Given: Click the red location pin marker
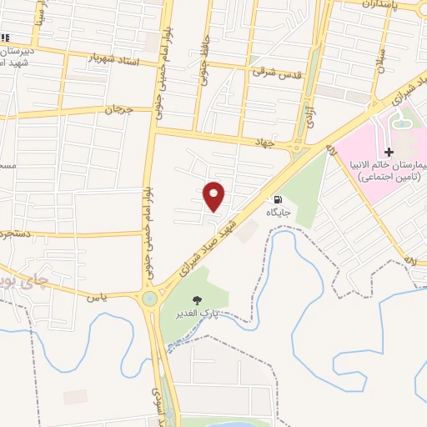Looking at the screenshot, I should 214,195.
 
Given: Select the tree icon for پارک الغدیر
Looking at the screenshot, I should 197,300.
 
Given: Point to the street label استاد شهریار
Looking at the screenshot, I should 110,58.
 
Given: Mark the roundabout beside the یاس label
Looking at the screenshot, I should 150,299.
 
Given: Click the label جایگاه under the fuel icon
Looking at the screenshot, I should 278,213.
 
